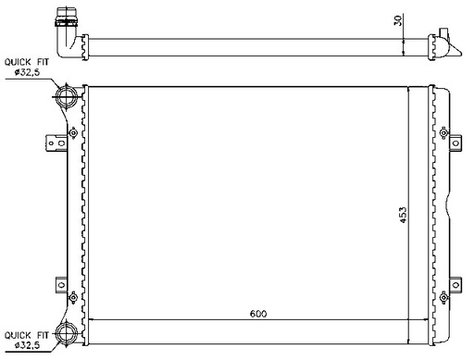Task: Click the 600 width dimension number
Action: point(258,314)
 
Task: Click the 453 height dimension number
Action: point(403,215)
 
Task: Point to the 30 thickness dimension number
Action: point(398,20)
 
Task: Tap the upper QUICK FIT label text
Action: point(27,62)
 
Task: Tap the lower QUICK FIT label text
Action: point(27,335)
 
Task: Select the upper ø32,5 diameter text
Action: point(27,72)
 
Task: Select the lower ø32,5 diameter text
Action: point(27,345)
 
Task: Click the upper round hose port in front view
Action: point(67,96)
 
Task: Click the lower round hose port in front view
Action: point(67,333)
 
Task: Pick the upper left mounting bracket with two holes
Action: point(56,143)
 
